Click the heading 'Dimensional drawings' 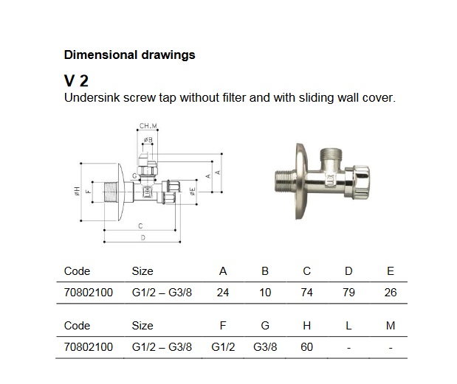(x=130, y=55)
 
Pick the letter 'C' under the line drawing (x=140, y=226)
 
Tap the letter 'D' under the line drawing (x=142, y=237)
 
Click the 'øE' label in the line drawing (x=192, y=191)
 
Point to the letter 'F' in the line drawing (x=88, y=192)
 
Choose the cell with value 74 (x=307, y=293)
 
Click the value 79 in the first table (x=348, y=293)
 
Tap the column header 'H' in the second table (x=307, y=326)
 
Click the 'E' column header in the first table (x=391, y=271)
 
